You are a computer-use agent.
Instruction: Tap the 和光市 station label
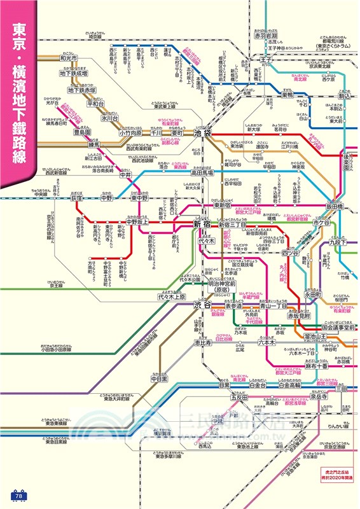click(69, 59)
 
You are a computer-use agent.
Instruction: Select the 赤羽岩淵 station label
click(270, 36)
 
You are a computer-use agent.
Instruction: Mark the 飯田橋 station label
click(335, 207)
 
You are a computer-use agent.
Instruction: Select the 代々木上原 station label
click(172, 296)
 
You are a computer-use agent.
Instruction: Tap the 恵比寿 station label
click(201, 342)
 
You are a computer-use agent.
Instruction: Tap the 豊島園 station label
click(82, 132)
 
